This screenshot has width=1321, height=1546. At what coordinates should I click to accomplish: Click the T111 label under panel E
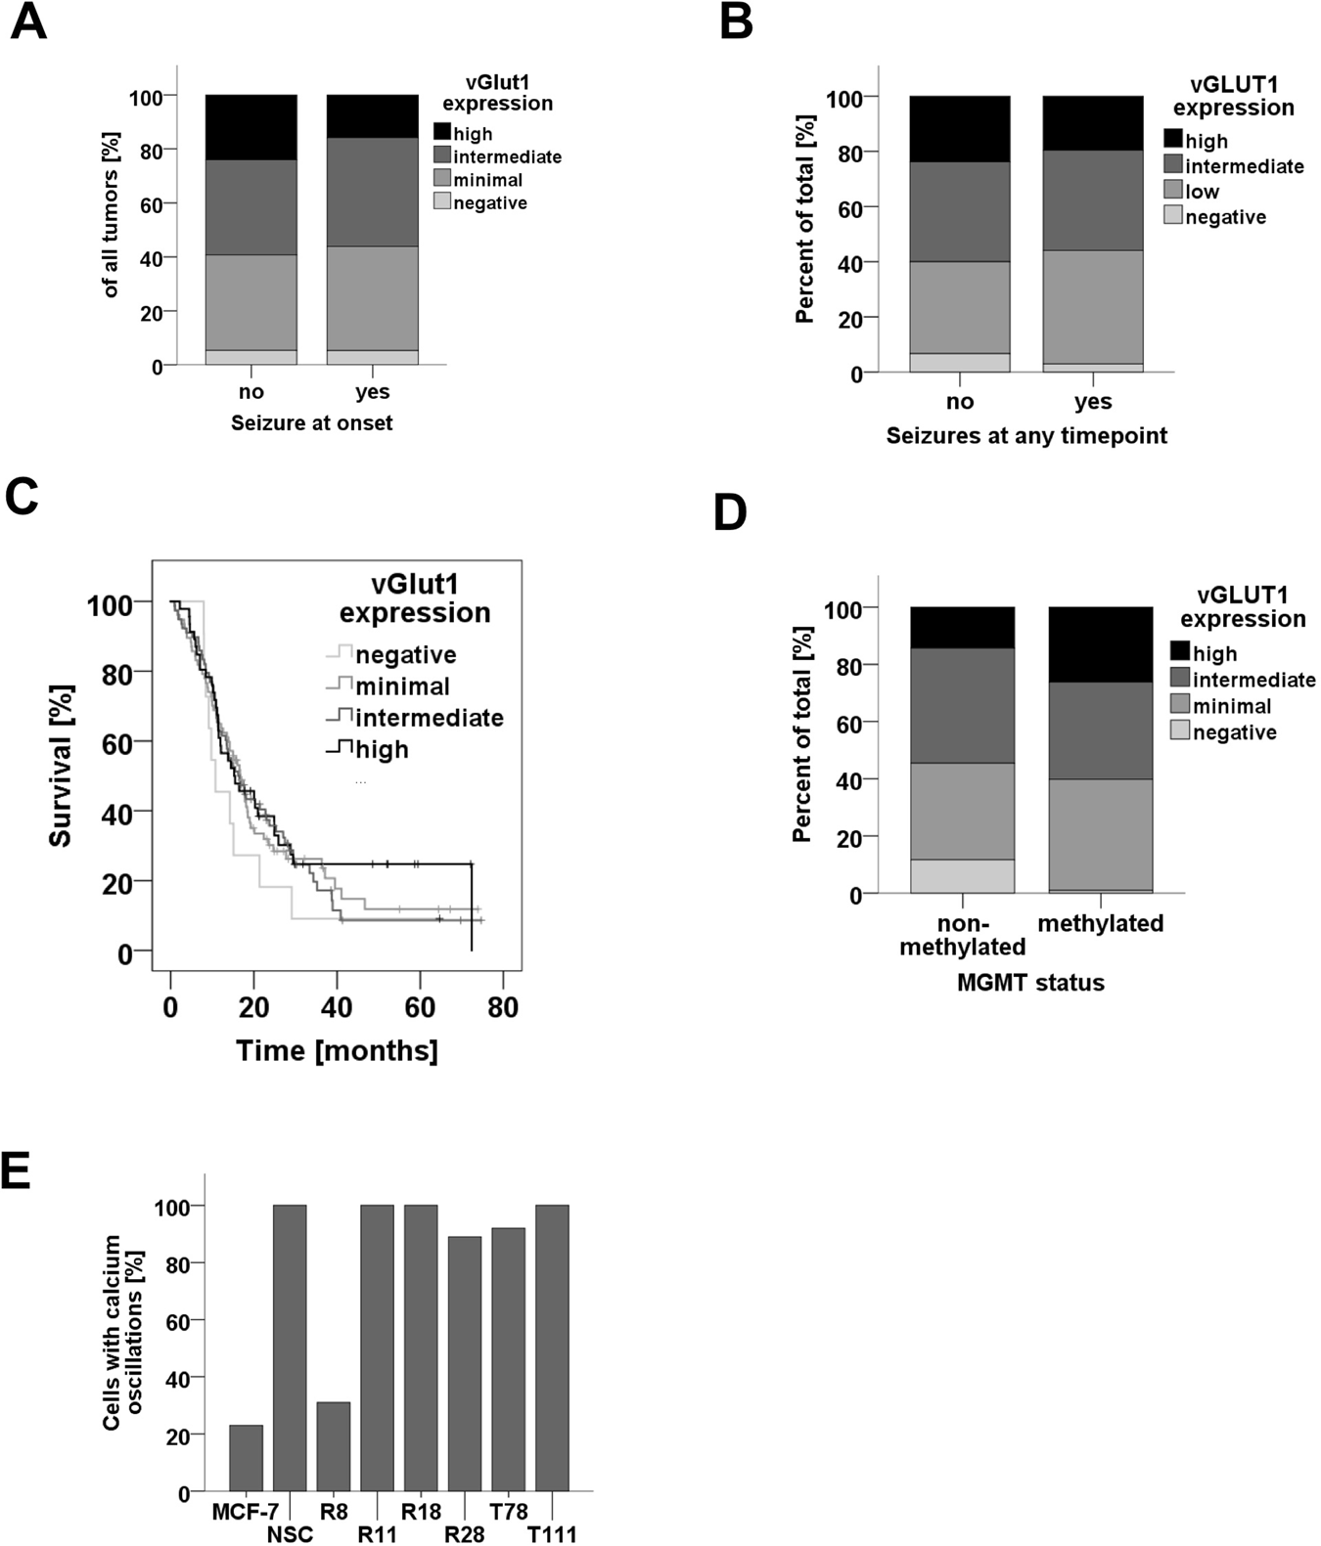tap(552, 1534)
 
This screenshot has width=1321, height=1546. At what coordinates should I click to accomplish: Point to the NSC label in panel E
tap(290, 1534)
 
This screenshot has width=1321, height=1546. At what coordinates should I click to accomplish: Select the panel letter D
tap(730, 513)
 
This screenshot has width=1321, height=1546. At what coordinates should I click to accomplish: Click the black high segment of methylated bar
tap(1100, 644)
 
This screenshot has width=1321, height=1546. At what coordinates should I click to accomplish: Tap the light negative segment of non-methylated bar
tap(962, 876)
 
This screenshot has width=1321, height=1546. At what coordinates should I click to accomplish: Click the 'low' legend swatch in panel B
tap(1173, 190)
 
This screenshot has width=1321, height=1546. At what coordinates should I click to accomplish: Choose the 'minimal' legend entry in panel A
tap(487, 180)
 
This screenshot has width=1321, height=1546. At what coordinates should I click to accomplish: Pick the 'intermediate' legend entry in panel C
tap(429, 718)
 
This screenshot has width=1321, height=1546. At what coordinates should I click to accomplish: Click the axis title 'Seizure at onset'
tap(311, 423)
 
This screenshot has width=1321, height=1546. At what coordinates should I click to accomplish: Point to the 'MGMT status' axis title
tap(1030, 983)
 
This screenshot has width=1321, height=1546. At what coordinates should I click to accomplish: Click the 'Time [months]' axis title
tap(337, 1050)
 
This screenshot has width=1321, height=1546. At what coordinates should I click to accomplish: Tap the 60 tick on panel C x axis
tap(420, 1007)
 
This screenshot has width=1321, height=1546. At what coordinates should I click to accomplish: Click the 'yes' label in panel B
tap(1092, 402)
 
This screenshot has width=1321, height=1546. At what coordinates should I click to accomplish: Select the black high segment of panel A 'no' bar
tap(251, 127)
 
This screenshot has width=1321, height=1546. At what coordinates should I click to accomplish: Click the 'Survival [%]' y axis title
tap(61, 766)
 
